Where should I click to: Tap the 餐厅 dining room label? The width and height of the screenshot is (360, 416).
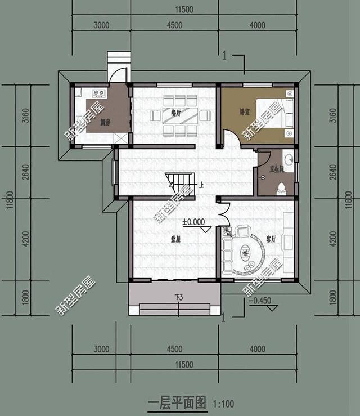175,113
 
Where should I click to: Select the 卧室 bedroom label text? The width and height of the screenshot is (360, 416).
244,112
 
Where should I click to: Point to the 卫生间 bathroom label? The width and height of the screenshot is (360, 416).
276,169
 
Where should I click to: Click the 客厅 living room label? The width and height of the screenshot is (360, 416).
271,239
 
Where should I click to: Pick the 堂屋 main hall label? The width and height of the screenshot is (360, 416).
175,239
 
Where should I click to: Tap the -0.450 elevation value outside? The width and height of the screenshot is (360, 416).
259,300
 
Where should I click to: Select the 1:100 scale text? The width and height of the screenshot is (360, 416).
223,404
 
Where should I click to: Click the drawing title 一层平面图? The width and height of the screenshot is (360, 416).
177,403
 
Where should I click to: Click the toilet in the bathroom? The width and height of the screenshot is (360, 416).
281,189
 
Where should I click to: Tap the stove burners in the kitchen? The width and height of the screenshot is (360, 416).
99,93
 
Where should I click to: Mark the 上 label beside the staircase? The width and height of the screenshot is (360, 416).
201,184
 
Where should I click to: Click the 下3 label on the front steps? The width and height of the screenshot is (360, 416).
174,297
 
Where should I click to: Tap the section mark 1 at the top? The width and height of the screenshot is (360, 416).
225,55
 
